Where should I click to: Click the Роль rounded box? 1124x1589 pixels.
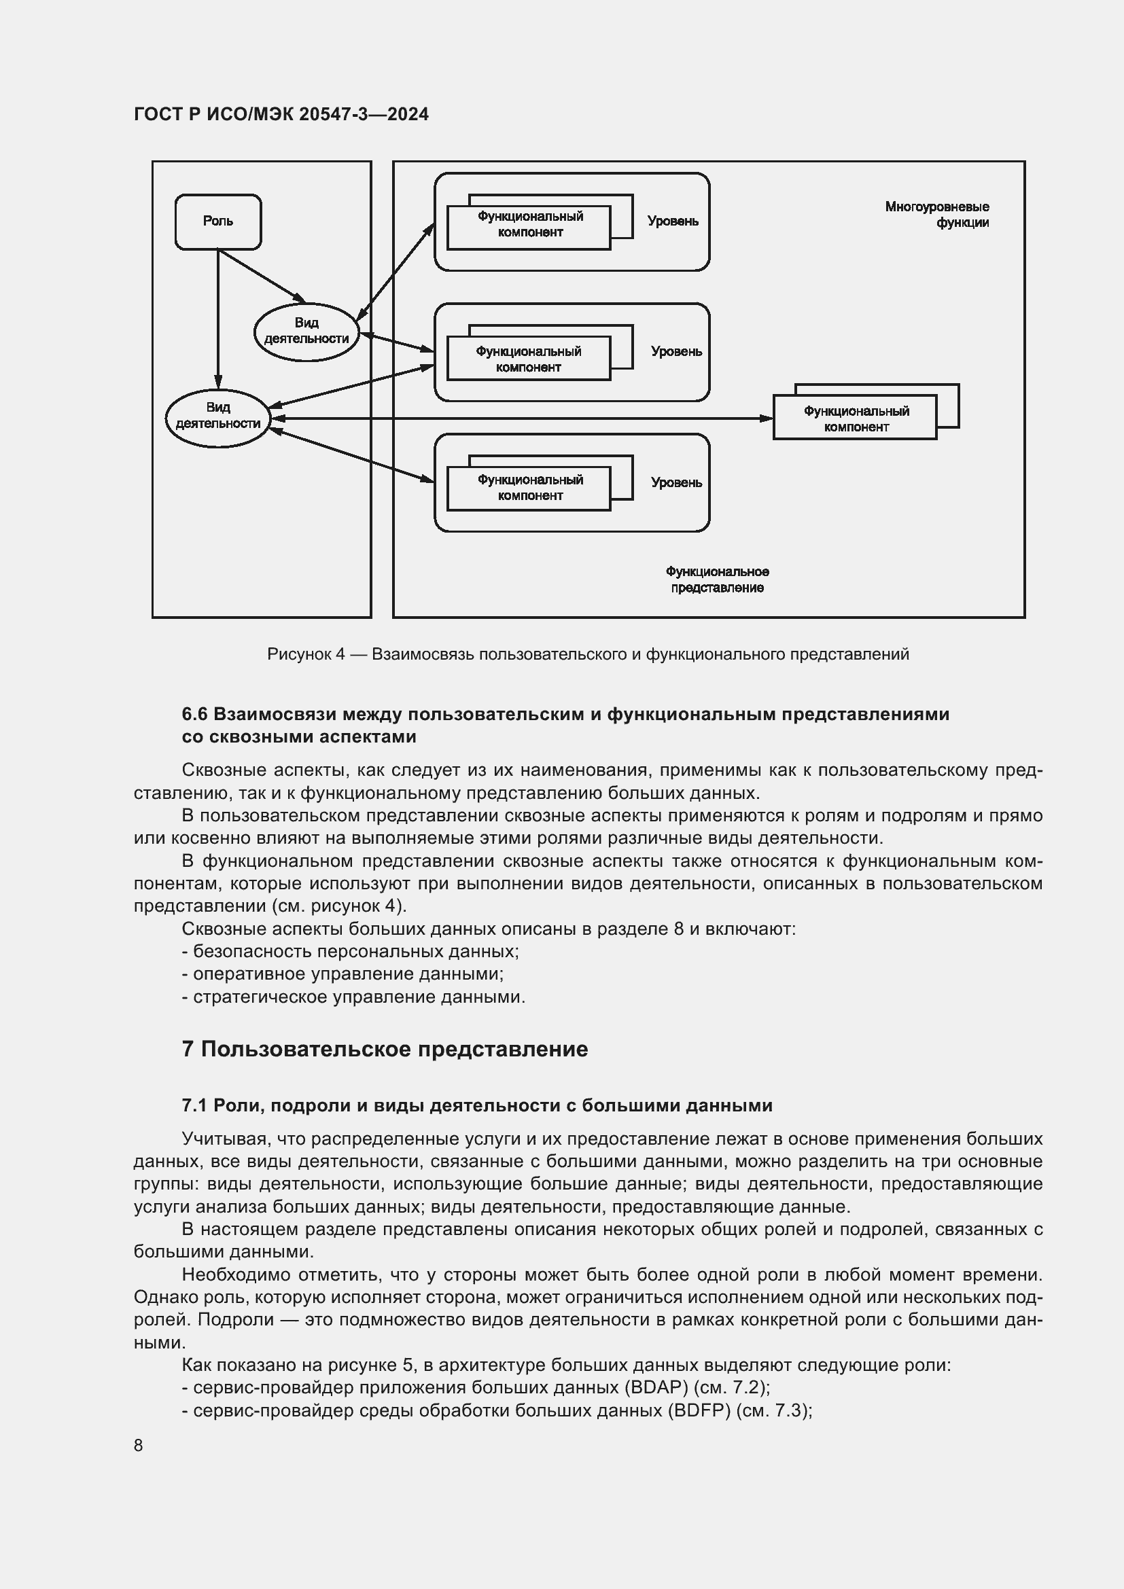pyautogui.click(x=218, y=221)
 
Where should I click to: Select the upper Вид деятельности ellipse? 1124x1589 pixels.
pyautogui.click(x=306, y=332)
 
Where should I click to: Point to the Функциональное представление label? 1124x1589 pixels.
pyautogui.click(x=717, y=579)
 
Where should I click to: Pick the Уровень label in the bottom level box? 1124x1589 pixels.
pyautogui.click(x=676, y=482)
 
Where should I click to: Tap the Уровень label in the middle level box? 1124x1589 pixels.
pyautogui.click(x=676, y=352)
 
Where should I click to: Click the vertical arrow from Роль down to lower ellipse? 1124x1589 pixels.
pyautogui.click(x=218, y=319)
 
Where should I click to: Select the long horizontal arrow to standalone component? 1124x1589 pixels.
pyautogui.click(x=519, y=418)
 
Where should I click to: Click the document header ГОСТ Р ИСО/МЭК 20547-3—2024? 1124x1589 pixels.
pyautogui.click(x=281, y=114)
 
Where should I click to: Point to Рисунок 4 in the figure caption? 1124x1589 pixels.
pyautogui.click(x=305, y=654)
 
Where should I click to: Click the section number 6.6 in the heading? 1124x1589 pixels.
pyautogui.click(x=194, y=713)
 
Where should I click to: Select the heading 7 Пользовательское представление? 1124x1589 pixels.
pyautogui.click(x=384, y=1048)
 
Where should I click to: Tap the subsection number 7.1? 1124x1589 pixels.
pyautogui.click(x=194, y=1105)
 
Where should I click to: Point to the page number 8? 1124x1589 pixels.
pyautogui.click(x=139, y=1445)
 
